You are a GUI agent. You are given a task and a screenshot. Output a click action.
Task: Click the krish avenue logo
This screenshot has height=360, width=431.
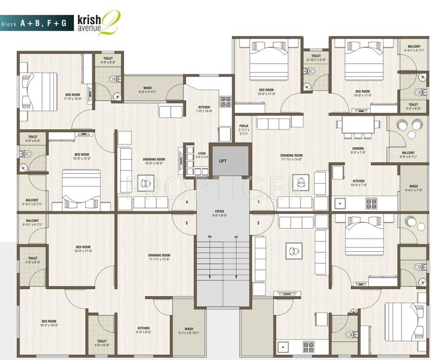pyautogui.click(x=99, y=22)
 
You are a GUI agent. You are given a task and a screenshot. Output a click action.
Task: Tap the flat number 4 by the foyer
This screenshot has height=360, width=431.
pyautogui.click(x=187, y=202)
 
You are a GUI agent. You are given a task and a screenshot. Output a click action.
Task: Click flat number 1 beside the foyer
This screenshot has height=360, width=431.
pyautogui.click(x=258, y=202)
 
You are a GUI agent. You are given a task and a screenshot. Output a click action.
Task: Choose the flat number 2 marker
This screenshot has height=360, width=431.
pyautogui.click(x=258, y=223)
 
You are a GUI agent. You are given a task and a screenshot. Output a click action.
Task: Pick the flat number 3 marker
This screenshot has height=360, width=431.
pyautogui.click(x=187, y=223)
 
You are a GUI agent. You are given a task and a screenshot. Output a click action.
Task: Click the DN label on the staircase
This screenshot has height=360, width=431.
pyautogui.click(x=210, y=237)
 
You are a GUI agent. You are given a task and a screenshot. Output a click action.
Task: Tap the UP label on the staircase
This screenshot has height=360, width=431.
pyautogui.click(x=236, y=237)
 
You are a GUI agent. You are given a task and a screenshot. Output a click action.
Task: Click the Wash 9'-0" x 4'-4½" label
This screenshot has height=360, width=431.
pyautogui.click(x=147, y=90)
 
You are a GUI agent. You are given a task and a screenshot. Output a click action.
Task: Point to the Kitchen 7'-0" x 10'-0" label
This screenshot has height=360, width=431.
pyautogui.click(x=204, y=109)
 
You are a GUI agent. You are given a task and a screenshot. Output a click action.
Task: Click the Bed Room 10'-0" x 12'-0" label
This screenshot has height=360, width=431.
pyautogui.click(x=82, y=156)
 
